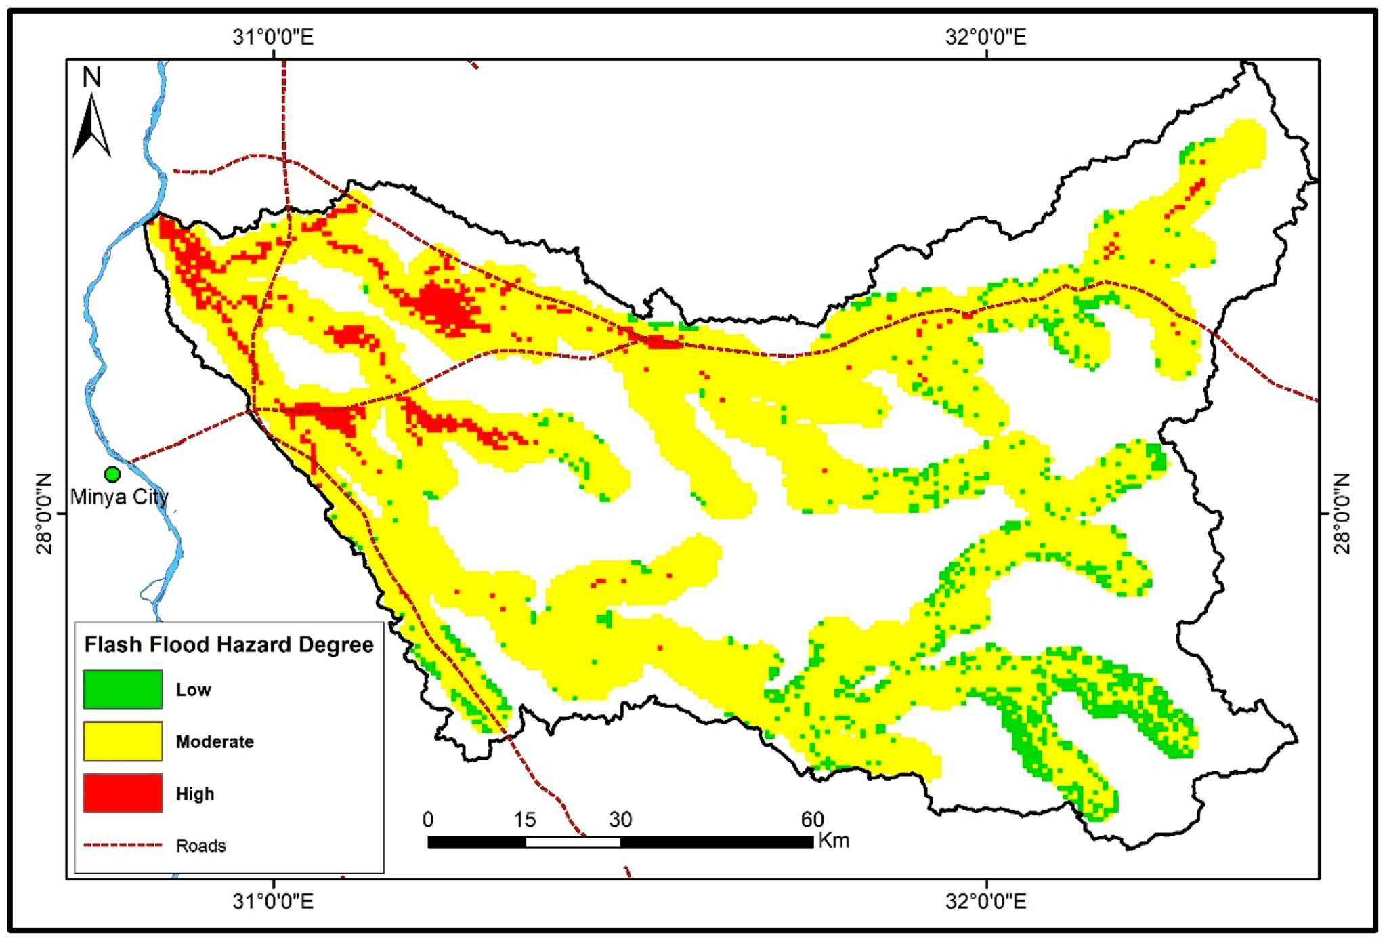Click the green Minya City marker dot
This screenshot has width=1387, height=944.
pos(112,474)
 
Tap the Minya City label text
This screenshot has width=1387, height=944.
pos(119,497)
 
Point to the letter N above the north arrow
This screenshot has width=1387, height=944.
pos(91,77)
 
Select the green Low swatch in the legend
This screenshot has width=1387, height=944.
pos(123,689)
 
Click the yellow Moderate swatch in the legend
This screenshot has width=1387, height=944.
pos(123,741)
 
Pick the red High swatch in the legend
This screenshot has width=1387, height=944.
pos(123,793)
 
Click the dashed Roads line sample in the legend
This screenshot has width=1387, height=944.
pos(123,845)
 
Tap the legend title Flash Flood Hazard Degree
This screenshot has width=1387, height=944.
pos(229,644)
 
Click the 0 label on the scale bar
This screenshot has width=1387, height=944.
pos(428,820)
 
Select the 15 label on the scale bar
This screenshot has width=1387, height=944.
pos(524,820)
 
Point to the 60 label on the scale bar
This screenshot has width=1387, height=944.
pos(812,820)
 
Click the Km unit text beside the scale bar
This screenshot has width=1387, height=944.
pos(834,841)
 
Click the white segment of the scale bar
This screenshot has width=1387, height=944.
pos(573,842)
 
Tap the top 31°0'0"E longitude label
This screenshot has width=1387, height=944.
pos(273,37)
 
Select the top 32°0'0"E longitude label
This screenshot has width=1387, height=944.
pos(986,37)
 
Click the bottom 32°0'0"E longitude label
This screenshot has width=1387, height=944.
pos(986,901)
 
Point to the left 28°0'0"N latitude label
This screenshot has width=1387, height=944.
pos(45,513)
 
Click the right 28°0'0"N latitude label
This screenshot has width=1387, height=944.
pos(1342,513)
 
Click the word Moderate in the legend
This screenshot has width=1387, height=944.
pos(215,742)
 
